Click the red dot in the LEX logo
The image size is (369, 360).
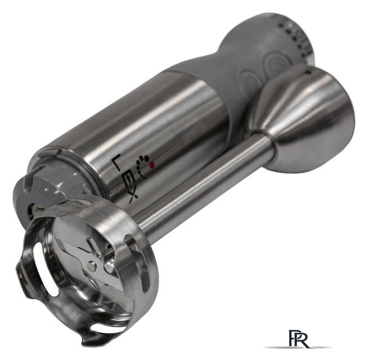coord(152,164)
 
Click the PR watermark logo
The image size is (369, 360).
coord(298,339)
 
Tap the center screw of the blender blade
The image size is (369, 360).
coord(92,265)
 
